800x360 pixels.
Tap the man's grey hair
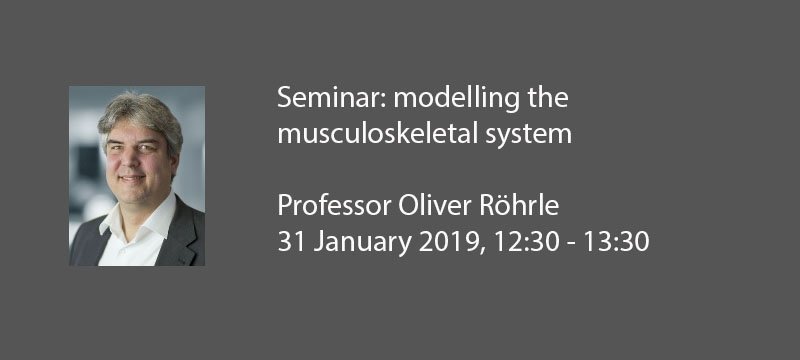click(x=135, y=108)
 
